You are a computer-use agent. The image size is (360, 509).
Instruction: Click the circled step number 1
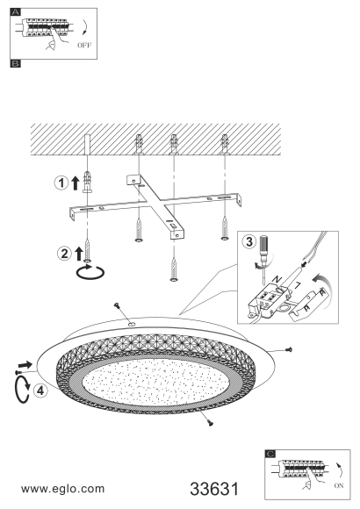tap(61, 183)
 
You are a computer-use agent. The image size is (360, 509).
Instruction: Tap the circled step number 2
tap(64, 254)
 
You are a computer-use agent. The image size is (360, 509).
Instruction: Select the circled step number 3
tap(249, 241)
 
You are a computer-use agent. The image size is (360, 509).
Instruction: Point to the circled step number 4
tap(40, 391)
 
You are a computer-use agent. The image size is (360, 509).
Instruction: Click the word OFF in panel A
tap(84, 45)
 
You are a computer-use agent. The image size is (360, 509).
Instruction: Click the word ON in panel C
tap(339, 485)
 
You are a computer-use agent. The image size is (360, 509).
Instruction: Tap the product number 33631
tap(214, 489)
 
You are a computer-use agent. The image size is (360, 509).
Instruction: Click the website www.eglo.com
tap(62, 489)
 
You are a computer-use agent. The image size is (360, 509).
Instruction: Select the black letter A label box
tap(15, 12)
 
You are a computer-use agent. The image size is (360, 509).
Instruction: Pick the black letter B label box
tap(15, 63)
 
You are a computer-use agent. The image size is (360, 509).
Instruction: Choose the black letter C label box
tap(270, 454)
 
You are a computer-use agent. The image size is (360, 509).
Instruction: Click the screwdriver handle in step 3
tap(263, 244)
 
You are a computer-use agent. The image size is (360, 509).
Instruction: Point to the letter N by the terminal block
tap(277, 279)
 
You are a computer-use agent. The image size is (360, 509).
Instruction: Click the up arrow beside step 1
tap(75, 183)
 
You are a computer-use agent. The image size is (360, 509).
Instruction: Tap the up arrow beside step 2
tap(79, 254)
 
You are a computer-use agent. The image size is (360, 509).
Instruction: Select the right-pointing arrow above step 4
tap(25, 364)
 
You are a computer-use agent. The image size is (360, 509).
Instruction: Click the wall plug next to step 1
tap(87, 183)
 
